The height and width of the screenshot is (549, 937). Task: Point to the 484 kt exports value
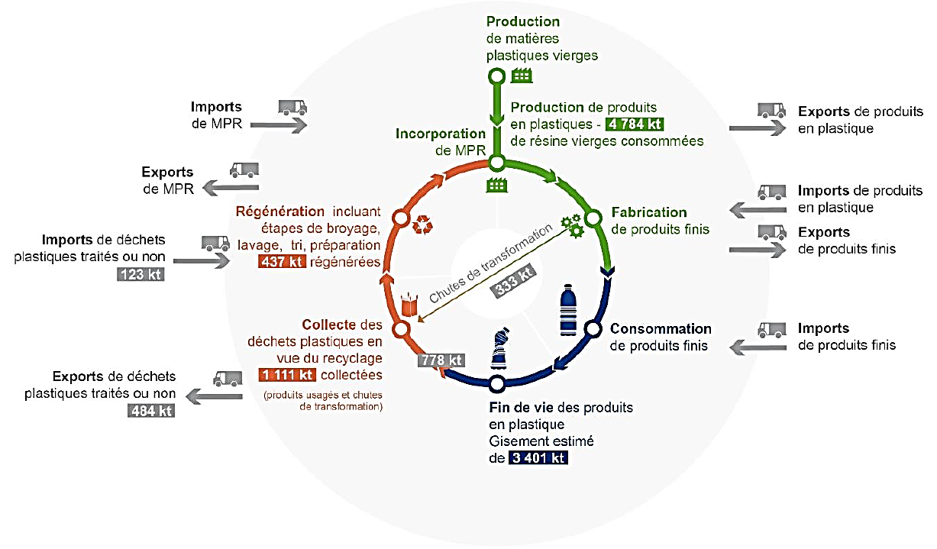click(x=150, y=410)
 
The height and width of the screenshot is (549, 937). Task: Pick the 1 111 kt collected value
click(x=286, y=374)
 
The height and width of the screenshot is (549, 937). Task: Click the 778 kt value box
click(x=442, y=360)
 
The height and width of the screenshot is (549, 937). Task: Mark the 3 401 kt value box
click(x=539, y=458)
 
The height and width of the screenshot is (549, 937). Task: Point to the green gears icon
click(x=572, y=224)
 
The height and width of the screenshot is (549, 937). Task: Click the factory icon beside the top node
click(x=522, y=75)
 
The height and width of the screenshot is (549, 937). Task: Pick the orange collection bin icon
click(x=410, y=304)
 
